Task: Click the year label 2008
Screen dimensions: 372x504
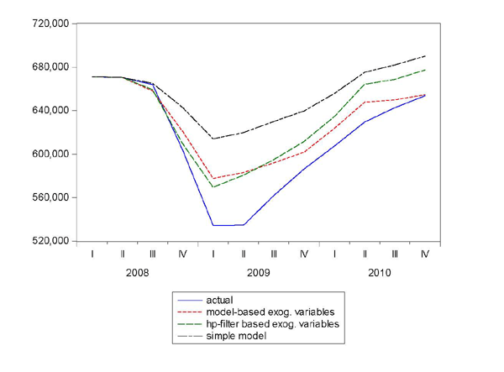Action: click(x=137, y=272)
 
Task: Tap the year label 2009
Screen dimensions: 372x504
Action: click(x=258, y=272)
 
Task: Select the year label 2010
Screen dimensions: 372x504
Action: click(x=379, y=272)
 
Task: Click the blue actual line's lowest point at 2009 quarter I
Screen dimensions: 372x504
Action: click(x=213, y=225)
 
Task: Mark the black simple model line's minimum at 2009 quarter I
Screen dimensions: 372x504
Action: click(x=213, y=139)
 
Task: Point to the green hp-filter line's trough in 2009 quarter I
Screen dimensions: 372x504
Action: click(x=213, y=186)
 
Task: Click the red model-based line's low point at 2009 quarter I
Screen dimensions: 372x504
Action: click(x=213, y=179)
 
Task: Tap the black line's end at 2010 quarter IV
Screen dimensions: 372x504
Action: click(x=424, y=56)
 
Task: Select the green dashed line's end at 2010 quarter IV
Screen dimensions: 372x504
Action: click(x=424, y=70)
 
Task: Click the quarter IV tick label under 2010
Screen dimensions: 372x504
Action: click(x=424, y=254)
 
